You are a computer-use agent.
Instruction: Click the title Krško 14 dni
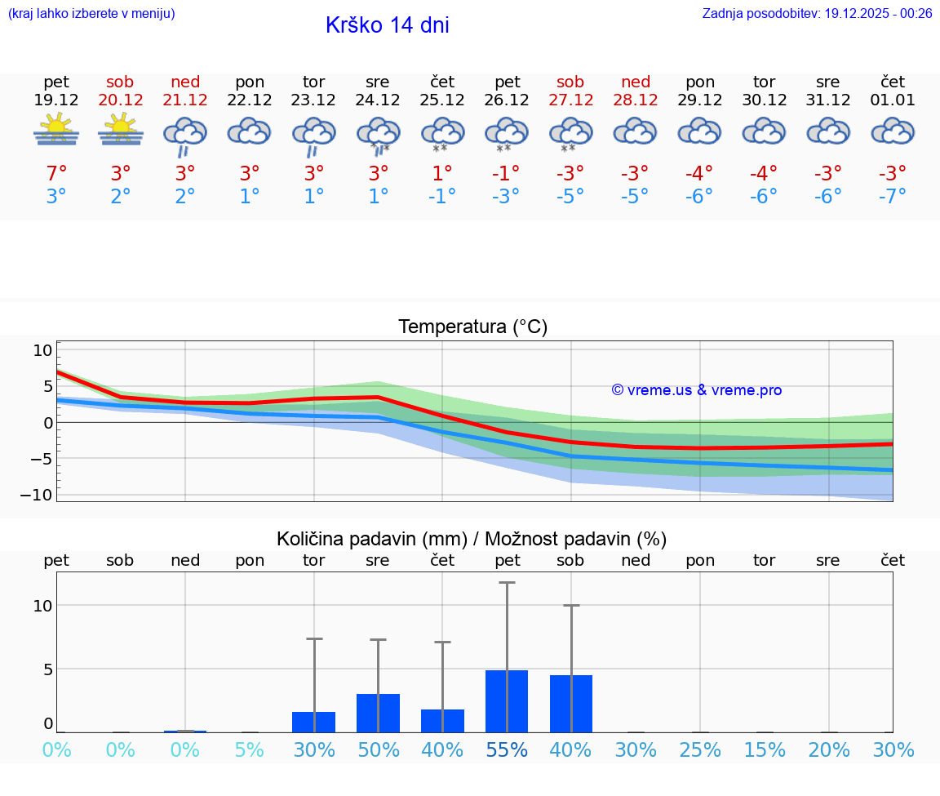(387, 25)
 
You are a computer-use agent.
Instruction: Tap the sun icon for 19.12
(56, 130)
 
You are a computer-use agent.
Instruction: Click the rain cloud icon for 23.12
(314, 135)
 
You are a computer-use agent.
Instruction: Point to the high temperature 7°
(56, 173)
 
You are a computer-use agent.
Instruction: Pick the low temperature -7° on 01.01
(892, 196)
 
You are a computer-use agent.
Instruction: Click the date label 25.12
(442, 100)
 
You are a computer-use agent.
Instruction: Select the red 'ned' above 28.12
(636, 82)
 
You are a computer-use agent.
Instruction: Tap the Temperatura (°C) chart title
(472, 327)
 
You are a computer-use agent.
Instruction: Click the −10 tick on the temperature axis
(42, 495)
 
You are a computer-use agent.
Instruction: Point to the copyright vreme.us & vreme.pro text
(696, 390)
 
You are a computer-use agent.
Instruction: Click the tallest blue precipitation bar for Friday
(507, 701)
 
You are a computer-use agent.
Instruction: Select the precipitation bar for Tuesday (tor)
(314, 722)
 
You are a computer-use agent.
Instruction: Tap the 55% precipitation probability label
(507, 749)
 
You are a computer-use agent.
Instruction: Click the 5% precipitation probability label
(250, 749)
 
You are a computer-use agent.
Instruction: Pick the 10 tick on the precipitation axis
(42, 605)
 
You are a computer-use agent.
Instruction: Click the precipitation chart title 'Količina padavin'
(472, 539)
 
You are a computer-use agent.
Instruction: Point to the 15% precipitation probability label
(765, 749)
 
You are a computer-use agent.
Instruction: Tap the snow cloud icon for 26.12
(507, 135)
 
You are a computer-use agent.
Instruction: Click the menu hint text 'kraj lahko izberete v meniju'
(91, 13)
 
